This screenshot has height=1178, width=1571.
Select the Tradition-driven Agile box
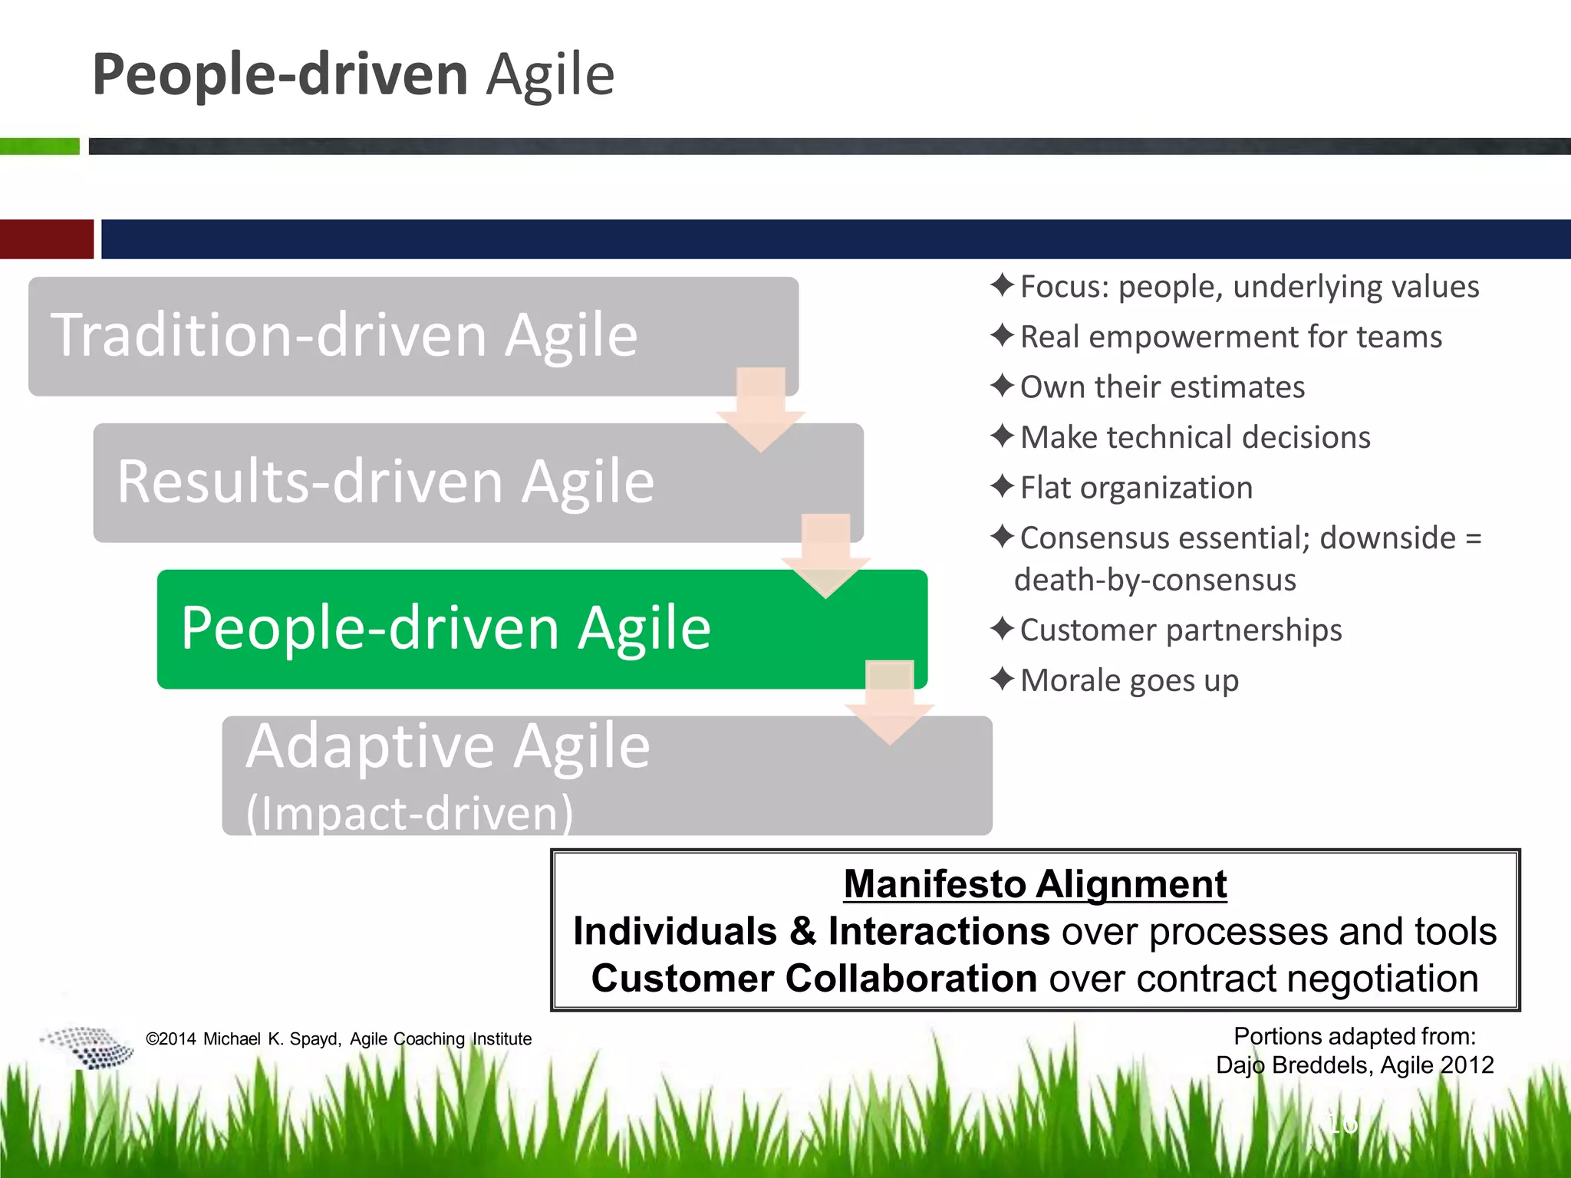tap(345, 336)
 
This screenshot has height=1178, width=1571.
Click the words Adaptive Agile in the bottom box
tap(448, 746)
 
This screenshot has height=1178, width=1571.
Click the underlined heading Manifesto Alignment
tap(1035, 884)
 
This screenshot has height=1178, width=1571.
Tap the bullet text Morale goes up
tap(1128, 680)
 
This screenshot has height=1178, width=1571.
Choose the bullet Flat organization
tap(1135, 488)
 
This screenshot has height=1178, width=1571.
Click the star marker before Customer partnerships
tap(1002, 630)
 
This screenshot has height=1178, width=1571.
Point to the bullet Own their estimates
tap(1161, 387)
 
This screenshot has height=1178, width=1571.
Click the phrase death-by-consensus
tap(1154, 580)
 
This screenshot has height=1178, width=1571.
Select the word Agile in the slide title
tap(551, 75)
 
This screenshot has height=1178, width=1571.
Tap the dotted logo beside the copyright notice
tap(88, 1047)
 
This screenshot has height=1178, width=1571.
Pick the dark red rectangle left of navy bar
tap(46, 239)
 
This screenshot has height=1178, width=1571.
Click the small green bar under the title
tap(40, 146)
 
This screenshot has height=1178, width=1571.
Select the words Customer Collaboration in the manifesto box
tap(814, 979)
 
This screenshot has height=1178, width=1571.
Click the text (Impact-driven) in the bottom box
tap(409, 813)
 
